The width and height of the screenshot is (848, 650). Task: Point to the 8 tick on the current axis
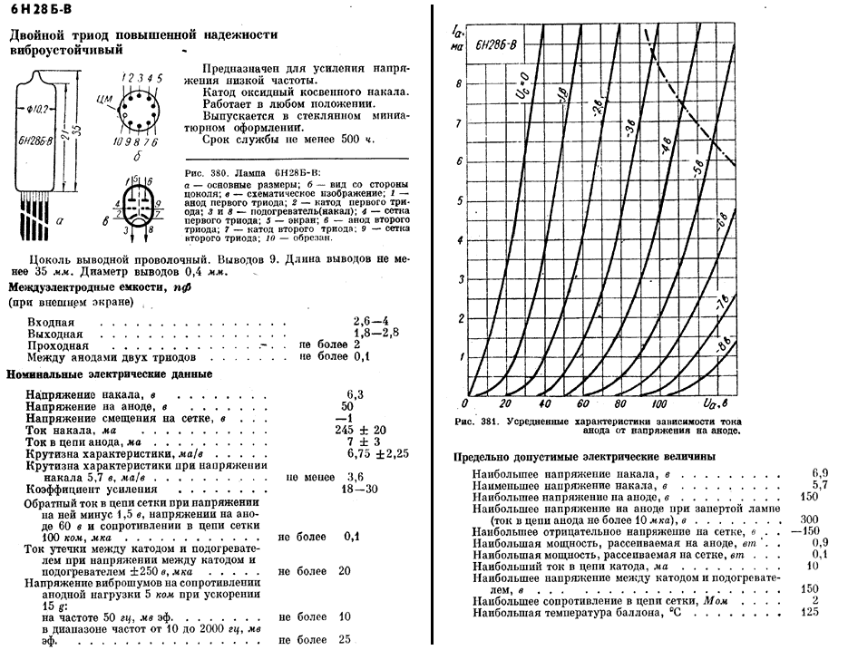click(459, 82)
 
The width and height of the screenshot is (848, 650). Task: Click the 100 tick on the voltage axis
click(658, 403)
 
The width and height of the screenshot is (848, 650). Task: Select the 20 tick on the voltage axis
click(504, 403)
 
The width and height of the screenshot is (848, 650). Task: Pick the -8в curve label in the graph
click(724, 344)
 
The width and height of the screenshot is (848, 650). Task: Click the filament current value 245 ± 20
click(360, 430)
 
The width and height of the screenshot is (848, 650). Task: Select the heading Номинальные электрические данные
click(110, 374)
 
